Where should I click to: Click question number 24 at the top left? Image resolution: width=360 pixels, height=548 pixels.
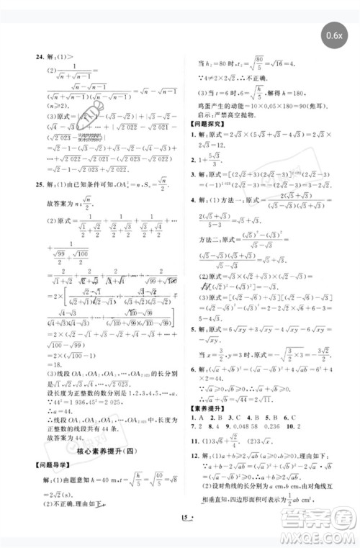[32, 57]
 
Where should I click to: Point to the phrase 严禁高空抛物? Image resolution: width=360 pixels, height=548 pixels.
[238, 114]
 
